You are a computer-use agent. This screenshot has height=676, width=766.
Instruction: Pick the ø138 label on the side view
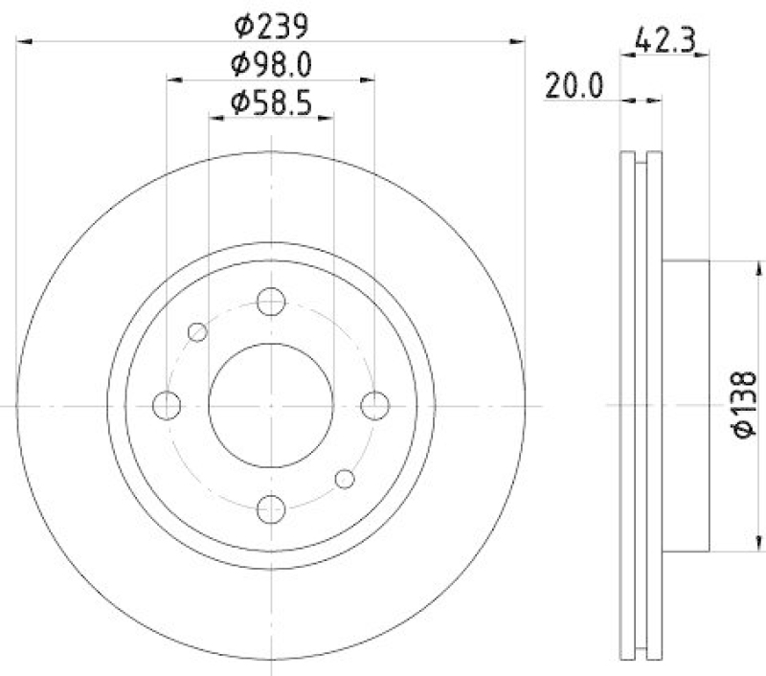point(746,406)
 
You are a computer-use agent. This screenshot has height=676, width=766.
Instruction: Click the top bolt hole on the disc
point(272,303)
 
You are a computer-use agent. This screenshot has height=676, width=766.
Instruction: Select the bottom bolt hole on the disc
point(272,508)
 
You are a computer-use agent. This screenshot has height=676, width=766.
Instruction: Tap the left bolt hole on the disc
point(169,405)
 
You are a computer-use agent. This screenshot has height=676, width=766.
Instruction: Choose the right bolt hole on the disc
point(374,405)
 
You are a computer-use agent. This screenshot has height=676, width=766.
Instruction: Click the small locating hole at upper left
point(198,332)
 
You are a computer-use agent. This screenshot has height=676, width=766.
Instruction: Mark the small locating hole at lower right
point(345,479)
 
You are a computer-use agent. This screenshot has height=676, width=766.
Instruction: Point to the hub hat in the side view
point(686,406)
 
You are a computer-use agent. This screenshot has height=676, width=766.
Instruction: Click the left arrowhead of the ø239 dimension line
point(23,41)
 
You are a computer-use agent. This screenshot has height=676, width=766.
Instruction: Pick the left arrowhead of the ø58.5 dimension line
point(214,117)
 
